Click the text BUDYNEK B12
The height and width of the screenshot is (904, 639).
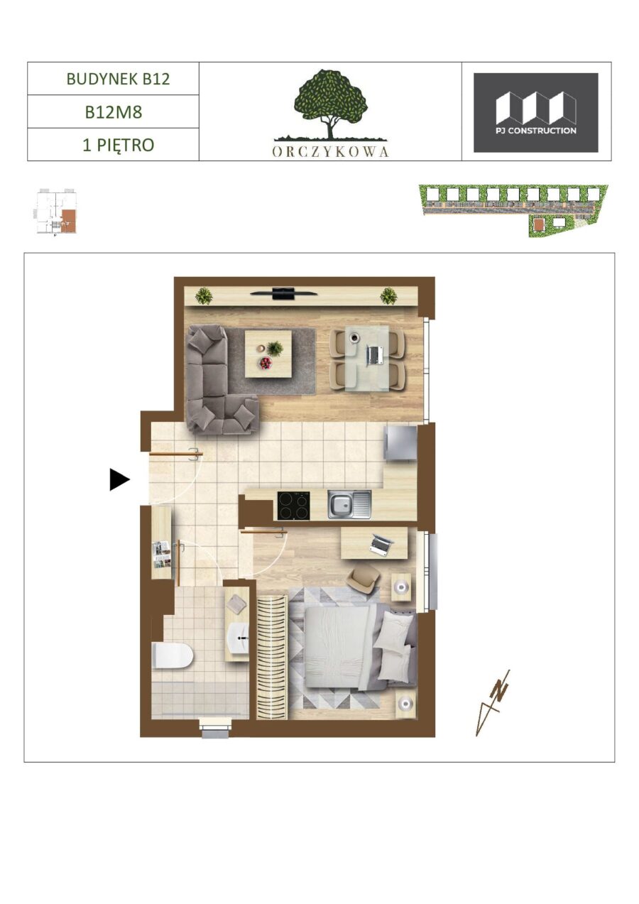(x=118, y=79)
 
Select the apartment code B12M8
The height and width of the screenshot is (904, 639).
(x=114, y=112)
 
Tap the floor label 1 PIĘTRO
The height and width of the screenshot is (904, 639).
(x=118, y=145)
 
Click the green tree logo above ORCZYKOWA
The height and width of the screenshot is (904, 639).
(x=331, y=104)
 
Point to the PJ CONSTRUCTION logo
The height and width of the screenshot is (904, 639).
(x=536, y=113)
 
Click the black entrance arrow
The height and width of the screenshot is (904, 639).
(x=120, y=479)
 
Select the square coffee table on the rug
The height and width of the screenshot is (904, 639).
(x=268, y=354)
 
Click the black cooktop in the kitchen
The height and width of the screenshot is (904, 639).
(x=294, y=506)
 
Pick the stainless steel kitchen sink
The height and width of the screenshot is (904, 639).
(x=349, y=504)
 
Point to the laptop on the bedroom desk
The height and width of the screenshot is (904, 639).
(x=381, y=543)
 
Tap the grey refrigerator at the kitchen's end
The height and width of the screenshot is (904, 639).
(x=400, y=442)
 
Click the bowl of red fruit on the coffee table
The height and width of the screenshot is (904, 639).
(x=266, y=363)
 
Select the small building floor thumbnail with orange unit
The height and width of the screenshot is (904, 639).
(x=57, y=211)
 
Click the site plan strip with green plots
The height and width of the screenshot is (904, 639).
(x=514, y=210)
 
